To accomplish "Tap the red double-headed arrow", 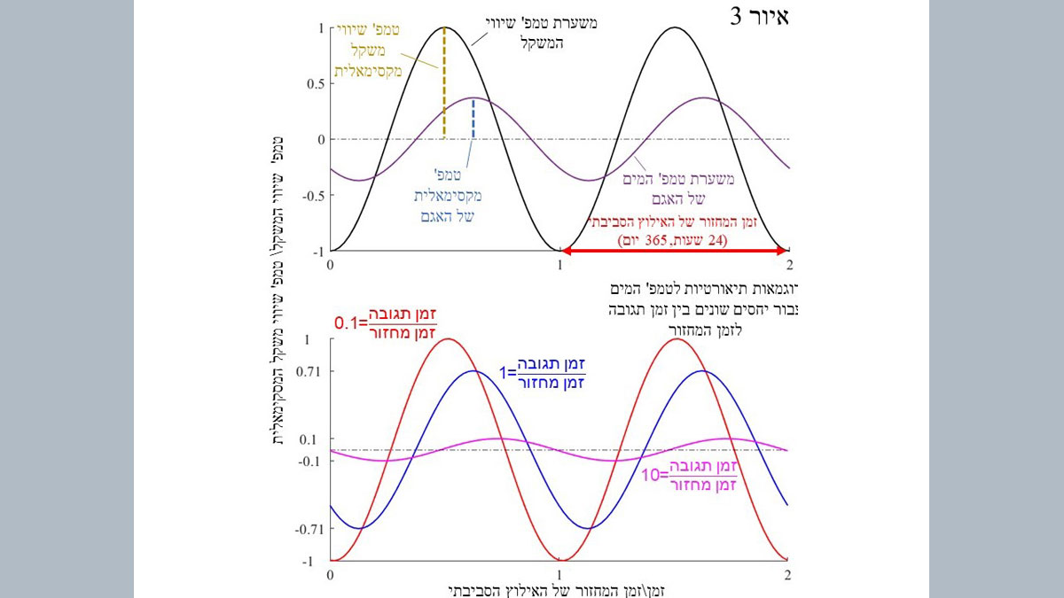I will point(674,252).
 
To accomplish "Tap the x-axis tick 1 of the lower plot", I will point(559,574).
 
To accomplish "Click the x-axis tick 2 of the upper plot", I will point(788,264).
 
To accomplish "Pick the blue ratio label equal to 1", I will point(550,373).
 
